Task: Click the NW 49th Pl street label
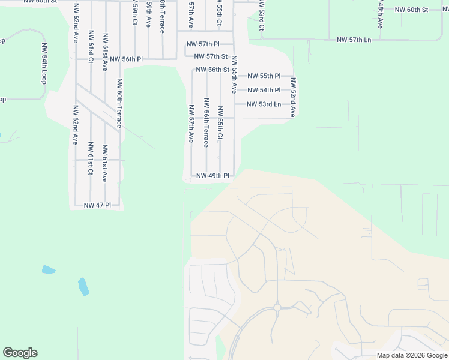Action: pos(213,176)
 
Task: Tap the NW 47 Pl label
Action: pos(97,205)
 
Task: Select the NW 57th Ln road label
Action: pos(354,40)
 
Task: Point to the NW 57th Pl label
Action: pos(203,44)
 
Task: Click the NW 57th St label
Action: pos(206,56)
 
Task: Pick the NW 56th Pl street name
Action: pos(126,59)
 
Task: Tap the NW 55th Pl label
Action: pos(264,76)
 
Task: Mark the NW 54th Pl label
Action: pos(264,90)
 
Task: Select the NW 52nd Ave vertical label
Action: pos(293,97)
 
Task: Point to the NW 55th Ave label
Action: pos(234,74)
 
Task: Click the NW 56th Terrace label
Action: pos(206,122)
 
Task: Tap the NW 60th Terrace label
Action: pos(119,103)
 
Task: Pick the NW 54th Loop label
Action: pos(44,63)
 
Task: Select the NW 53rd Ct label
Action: pos(262,15)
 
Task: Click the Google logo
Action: pos(20,353)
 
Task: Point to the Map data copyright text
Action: pos(412,355)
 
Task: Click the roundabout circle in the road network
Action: pos(277,307)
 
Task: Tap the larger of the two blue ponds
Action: pos(83,286)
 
